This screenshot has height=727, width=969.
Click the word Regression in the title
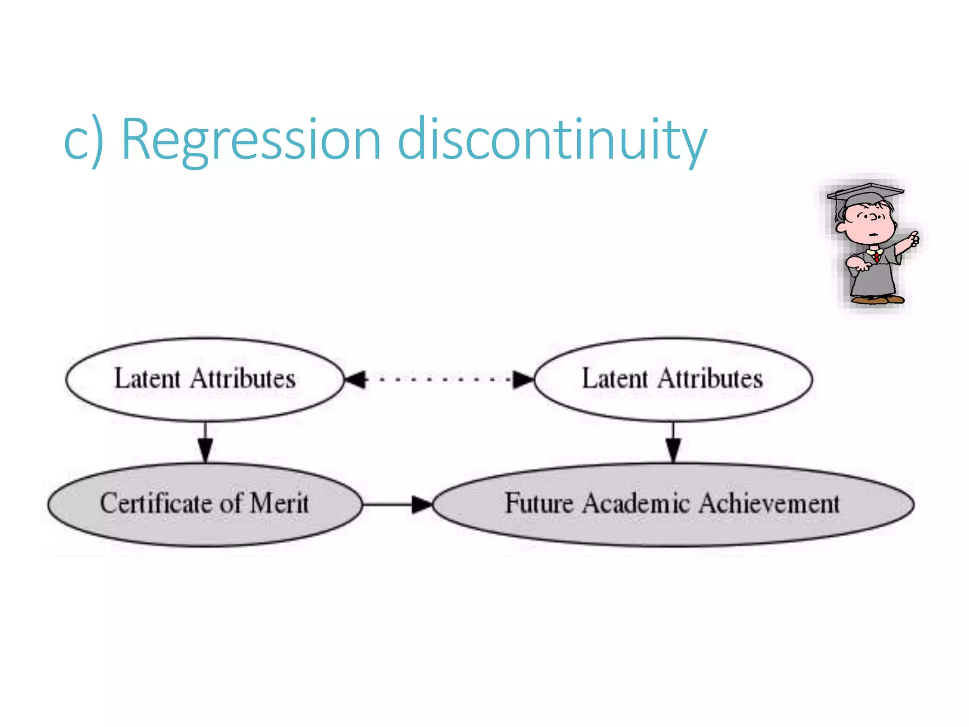(251, 140)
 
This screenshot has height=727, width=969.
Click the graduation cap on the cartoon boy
(865, 194)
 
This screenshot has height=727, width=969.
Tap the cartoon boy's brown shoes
(878, 299)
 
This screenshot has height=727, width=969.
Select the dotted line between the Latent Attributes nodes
(440, 379)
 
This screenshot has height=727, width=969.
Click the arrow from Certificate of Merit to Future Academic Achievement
(397, 505)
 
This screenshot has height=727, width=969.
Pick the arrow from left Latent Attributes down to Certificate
(205, 443)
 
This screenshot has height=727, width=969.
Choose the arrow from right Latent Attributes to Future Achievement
(673, 443)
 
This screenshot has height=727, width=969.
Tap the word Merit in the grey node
(279, 503)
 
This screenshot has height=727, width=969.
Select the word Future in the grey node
(539, 503)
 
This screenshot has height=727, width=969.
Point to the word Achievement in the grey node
(769, 503)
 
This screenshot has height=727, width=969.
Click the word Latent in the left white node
(147, 379)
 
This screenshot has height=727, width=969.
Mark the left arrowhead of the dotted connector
(356, 379)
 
